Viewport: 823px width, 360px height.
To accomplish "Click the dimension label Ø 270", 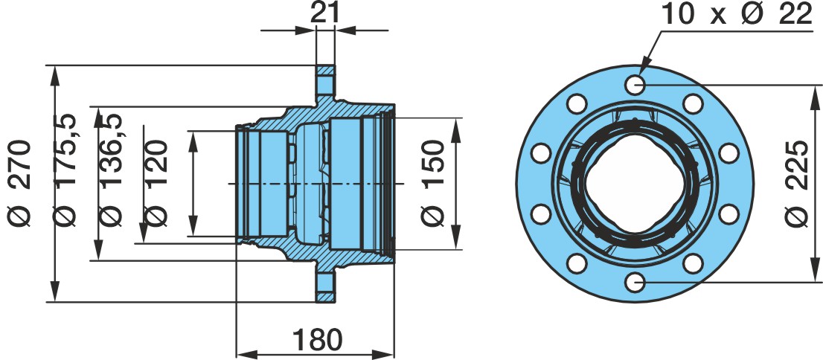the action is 21,183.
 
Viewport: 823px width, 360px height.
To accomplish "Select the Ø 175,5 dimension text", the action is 67,170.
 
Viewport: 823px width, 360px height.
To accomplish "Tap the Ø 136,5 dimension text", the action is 112,170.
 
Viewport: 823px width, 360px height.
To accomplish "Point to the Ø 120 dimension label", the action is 156,183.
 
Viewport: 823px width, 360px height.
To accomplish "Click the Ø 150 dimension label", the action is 434,183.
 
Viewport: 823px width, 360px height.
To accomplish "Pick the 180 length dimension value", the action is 317,339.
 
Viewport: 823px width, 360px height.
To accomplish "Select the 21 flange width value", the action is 325,13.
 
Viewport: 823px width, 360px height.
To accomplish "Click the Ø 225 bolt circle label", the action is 798,183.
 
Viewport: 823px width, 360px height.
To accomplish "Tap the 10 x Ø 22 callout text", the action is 737,14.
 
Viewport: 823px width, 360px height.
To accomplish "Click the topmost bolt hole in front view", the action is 635,84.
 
